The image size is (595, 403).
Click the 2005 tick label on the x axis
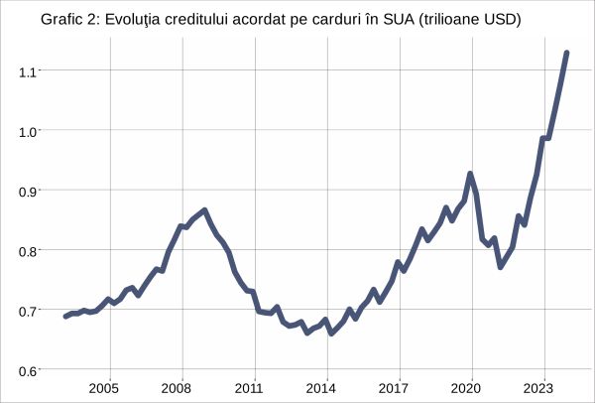click(105, 388)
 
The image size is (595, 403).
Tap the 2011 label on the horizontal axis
click(251, 388)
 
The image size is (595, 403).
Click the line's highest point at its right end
click(566, 53)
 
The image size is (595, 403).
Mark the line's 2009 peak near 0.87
click(204, 210)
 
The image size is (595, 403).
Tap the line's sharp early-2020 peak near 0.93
click(470, 174)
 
